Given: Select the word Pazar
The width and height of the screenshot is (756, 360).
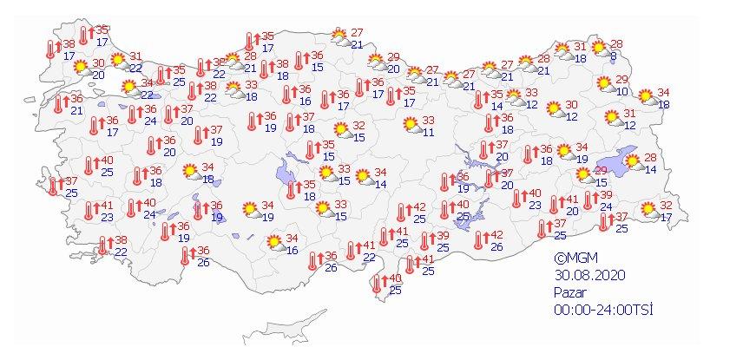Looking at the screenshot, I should pos(571,292).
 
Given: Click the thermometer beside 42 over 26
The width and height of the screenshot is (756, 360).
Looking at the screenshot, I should pos(479,240).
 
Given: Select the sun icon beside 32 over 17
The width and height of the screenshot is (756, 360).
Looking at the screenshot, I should pos(648,210).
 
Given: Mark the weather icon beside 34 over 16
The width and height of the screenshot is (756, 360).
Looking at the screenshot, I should pos(274,244).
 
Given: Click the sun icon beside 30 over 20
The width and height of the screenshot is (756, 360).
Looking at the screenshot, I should pos(81,68).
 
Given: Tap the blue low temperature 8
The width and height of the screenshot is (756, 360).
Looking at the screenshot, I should pos(614,58).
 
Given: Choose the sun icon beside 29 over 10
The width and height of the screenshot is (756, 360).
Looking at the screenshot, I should pos(602,84).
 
